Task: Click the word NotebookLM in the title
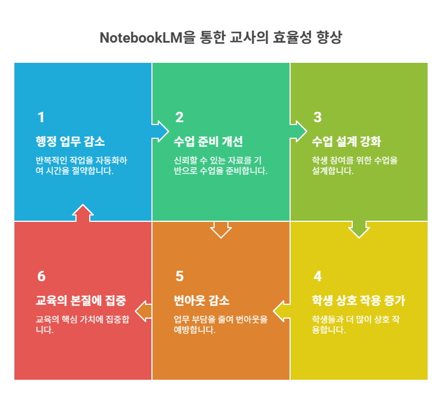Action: tap(142, 38)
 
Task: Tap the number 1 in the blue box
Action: tap(41, 118)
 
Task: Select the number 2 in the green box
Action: tap(179, 118)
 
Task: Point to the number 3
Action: tap(317, 118)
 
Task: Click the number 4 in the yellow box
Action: tap(317, 276)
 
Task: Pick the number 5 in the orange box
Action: tap(179, 276)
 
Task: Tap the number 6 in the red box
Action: tap(41, 276)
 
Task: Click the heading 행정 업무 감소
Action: tap(70, 142)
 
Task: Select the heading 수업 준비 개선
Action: tap(208, 142)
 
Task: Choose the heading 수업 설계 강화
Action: tap(346, 142)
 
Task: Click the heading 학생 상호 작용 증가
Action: tap(358, 301)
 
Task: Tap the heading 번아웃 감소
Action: tap(201, 301)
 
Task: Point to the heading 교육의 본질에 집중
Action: tap(81, 301)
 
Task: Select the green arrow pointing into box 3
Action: tap(296, 131)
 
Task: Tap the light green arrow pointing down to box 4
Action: tap(359, 228)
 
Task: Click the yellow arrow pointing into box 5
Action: tap(283, 311)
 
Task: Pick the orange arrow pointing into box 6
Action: tap(144, 311)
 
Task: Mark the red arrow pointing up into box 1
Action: tap(83, 213)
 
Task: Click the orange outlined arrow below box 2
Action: tap(221, 229)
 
